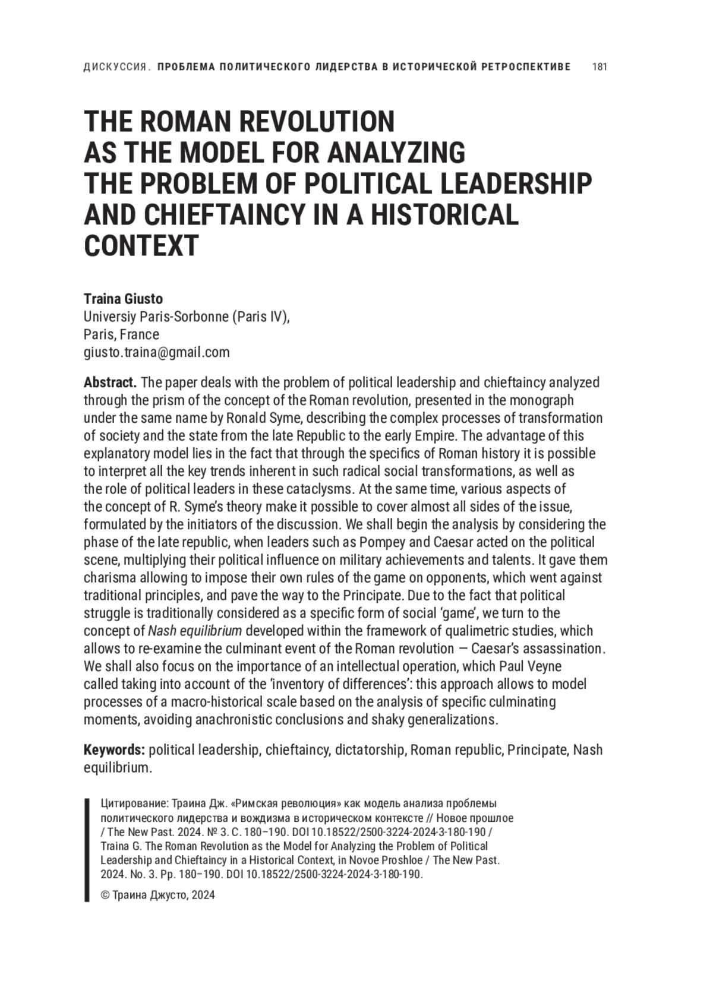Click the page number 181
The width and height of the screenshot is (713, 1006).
click(x=600, y=67)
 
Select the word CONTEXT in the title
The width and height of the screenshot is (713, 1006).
click(x=141, y=245)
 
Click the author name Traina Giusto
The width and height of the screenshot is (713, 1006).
click(x=123, y=299)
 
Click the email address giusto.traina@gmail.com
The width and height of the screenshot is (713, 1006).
click(x=156, y=352)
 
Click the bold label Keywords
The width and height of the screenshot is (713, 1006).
click(x=114, y=749)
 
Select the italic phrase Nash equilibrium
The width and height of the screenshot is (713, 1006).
click(x=195, y=631)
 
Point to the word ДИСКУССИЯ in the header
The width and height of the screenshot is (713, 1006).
click(x=115, y=67)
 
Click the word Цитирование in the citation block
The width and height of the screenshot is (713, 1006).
click(x=134, y=803)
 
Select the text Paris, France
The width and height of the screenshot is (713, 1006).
click(x=121, y=334)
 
